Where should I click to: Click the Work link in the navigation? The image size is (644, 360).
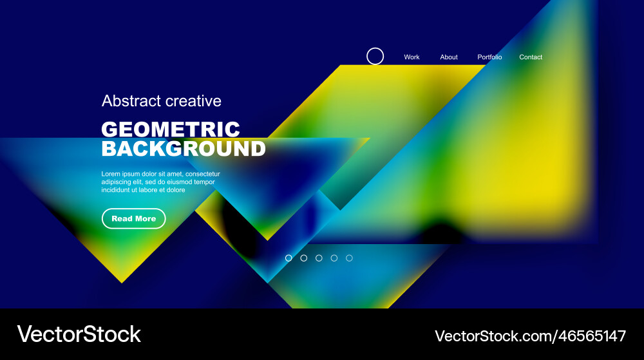click(x=412, y=57)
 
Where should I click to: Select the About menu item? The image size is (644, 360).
click(x=449, y=57)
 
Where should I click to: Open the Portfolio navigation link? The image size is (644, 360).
click(x=489, y=57)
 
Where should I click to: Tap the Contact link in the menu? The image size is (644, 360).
click(x=531, y=57)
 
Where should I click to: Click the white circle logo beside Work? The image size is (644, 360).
click(x=375, y=57)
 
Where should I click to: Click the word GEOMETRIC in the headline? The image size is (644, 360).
click(x=171, y=129)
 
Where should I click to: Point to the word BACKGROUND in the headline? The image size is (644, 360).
click(x=184, y=149)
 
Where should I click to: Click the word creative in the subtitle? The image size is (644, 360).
click(x=193, y=101)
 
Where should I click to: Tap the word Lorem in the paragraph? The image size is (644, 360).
click(x=111, y=174)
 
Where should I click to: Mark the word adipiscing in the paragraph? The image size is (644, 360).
click(x=117, y=182)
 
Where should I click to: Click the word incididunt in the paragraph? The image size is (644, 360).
click(x=117, y=190)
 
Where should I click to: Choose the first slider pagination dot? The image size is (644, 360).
click(x=289, y=258)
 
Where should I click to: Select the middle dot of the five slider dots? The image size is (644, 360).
click(x=319, y=258)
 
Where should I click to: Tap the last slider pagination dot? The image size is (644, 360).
click(x=349, y=258)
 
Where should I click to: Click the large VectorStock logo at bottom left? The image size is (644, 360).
click(x=79, y=334)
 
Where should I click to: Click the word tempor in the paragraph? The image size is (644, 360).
click(x=204, y=182)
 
